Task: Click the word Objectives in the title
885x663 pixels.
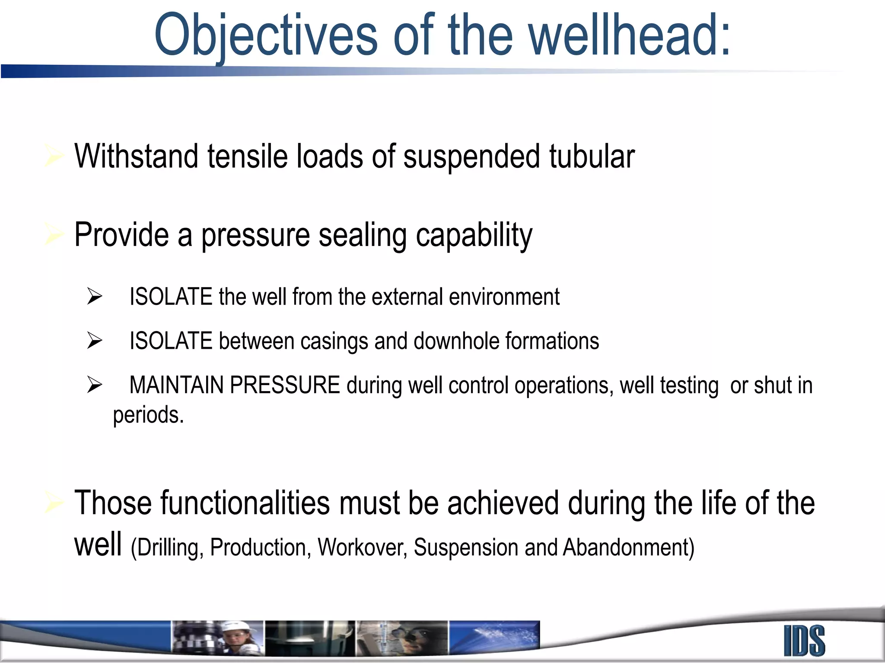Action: pos(266,35)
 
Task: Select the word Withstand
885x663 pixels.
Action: pos(136,156)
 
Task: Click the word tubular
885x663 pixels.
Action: pos(592,156)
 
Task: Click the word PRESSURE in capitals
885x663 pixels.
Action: pos(285,385)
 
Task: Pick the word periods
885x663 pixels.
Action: pos(148,415)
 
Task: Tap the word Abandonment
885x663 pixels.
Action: pos(628,547)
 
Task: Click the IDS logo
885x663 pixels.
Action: pos(804,641)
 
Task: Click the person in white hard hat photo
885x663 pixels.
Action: pos(236,638)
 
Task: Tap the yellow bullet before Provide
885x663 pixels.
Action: pos(54,235)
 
